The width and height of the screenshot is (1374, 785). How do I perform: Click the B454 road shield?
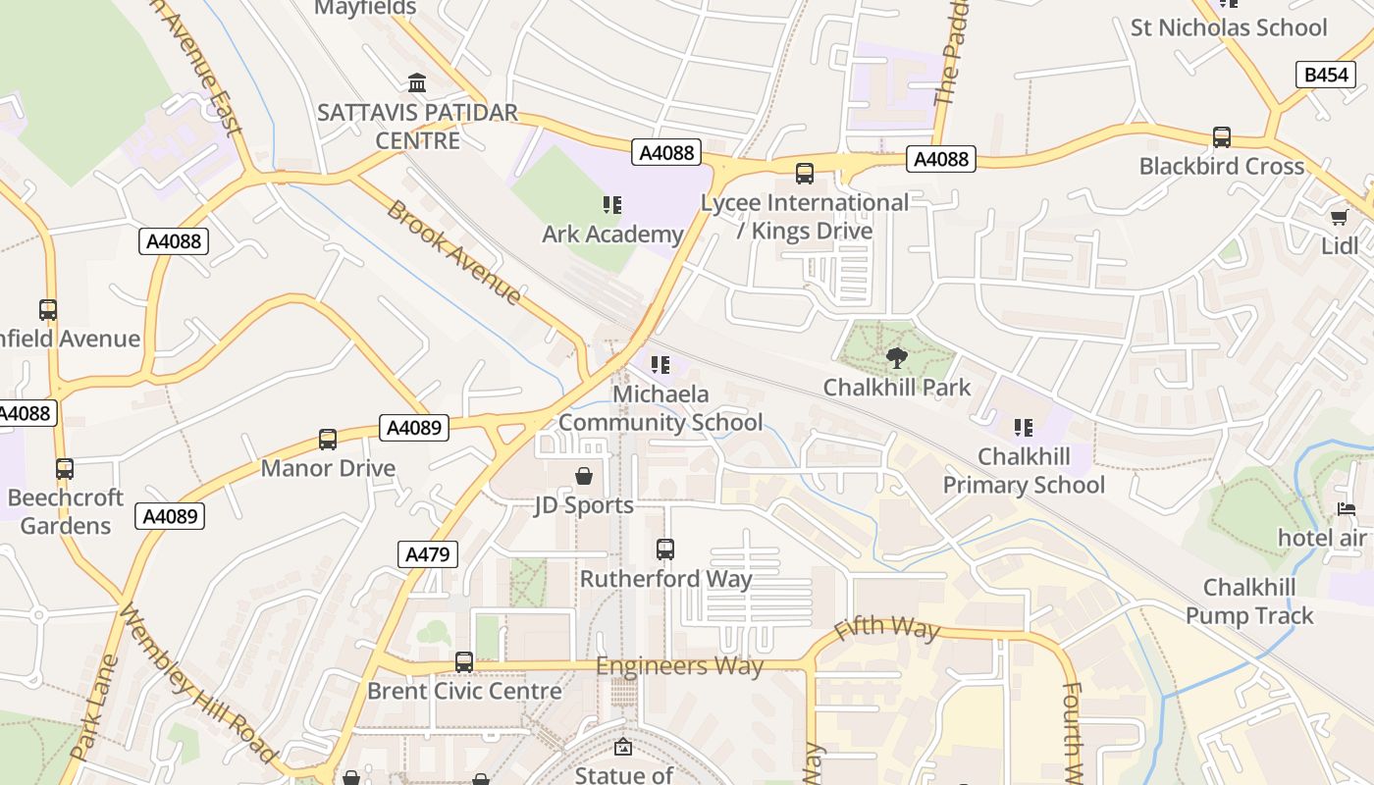pos(1326,75)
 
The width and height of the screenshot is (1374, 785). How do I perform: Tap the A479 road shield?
pos(429,554)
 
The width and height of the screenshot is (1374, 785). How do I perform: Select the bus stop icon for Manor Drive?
pos(328,440)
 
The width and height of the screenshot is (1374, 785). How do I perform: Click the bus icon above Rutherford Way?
pos(665,549)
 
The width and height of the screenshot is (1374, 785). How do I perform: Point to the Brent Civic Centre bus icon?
pos(464,662)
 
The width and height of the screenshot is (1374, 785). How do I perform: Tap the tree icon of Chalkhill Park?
pos(896,358)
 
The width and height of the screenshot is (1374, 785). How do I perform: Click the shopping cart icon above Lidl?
pos(1339,217)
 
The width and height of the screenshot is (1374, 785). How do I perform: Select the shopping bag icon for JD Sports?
pos(584,477)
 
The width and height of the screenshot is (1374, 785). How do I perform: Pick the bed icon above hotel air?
pos(1347,508)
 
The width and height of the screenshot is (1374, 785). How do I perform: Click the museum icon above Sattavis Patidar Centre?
pos(417,82)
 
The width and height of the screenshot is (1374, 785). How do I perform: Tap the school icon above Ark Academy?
pos(612,205)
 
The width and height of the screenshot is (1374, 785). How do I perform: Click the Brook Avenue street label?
pos(453,253)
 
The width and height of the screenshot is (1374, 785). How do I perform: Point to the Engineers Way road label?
pos(679,667)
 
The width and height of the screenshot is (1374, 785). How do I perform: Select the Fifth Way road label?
pos(886,628)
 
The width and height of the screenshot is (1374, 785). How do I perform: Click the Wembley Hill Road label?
pos(196,684)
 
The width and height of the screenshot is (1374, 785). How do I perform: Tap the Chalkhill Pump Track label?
pos(1249,602)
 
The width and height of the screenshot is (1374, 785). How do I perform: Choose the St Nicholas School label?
pos(1229,27)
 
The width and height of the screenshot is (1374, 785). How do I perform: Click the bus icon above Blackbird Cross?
pos(1222,137)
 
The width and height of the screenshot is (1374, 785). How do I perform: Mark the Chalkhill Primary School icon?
pos(1024,428)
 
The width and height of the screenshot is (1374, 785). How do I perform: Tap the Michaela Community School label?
pos(661,408)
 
